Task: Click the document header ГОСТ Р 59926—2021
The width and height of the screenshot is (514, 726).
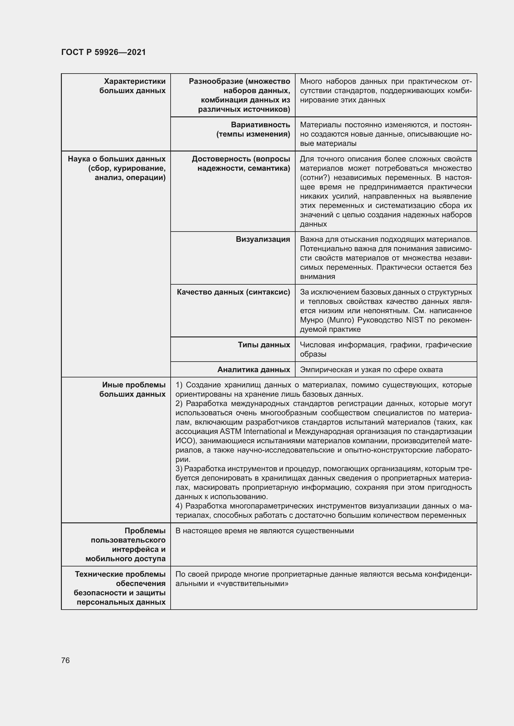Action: click(x=103, y=52)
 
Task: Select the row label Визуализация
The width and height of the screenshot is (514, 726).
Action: click(x=263, y=239)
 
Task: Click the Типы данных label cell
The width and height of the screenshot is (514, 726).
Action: click(x=264, y=345)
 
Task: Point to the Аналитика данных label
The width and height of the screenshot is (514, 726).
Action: click(x=254, y=370)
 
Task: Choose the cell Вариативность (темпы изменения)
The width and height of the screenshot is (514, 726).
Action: click(x=253, y=130)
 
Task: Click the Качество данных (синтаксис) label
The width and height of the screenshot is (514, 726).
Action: click(x=233, y=292)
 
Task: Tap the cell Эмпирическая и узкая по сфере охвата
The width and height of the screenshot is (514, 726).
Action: click(x=371, y=370)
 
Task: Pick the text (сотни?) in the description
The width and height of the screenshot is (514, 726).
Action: click(x=315, y=178)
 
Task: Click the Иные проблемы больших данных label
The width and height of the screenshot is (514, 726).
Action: click(x=133, y=390)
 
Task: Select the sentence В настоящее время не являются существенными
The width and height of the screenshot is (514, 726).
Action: click(x=264, y=531)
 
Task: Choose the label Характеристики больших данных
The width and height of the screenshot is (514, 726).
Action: click(x=133, y=86)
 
